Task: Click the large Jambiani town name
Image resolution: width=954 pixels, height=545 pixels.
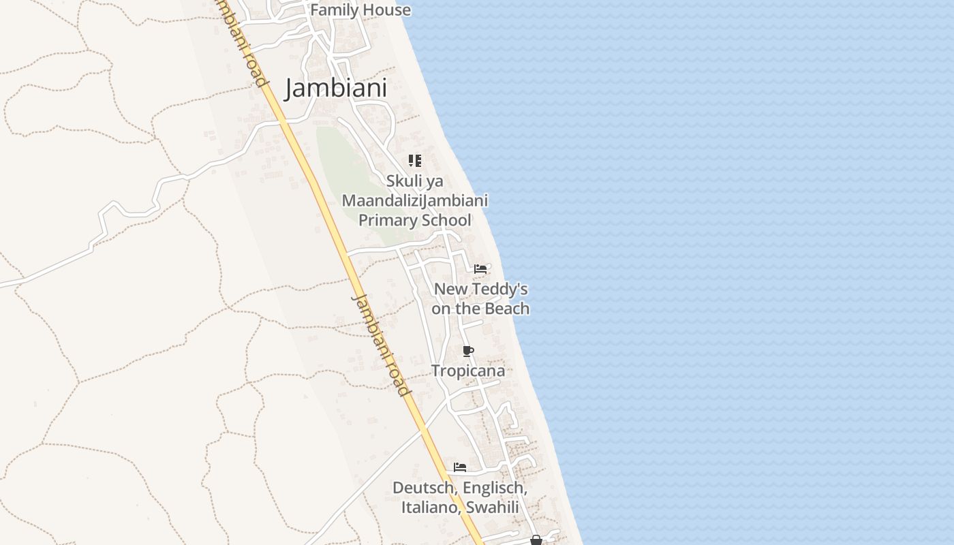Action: point(335,88)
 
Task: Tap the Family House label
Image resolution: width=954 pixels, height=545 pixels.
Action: point(360,10)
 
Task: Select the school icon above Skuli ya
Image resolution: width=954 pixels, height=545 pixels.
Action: point(414,161)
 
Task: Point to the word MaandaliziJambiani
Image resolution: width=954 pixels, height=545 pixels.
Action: point(414,201)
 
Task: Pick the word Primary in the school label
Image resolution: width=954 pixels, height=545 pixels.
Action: point(387,221)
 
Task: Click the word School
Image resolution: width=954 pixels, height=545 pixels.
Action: point(446,221)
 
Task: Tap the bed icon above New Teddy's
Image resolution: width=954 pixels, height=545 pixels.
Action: point(480,269)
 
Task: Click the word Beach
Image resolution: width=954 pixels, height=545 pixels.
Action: point(507,309)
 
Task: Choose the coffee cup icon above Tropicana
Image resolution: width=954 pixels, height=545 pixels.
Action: point(467,352)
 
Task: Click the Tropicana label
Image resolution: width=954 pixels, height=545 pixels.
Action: point(468,371)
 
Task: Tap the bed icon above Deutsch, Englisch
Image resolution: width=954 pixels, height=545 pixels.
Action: point(460,467)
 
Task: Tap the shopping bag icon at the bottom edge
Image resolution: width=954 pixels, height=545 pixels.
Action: point(536,540)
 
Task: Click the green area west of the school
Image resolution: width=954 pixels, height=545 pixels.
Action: point(348,177)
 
